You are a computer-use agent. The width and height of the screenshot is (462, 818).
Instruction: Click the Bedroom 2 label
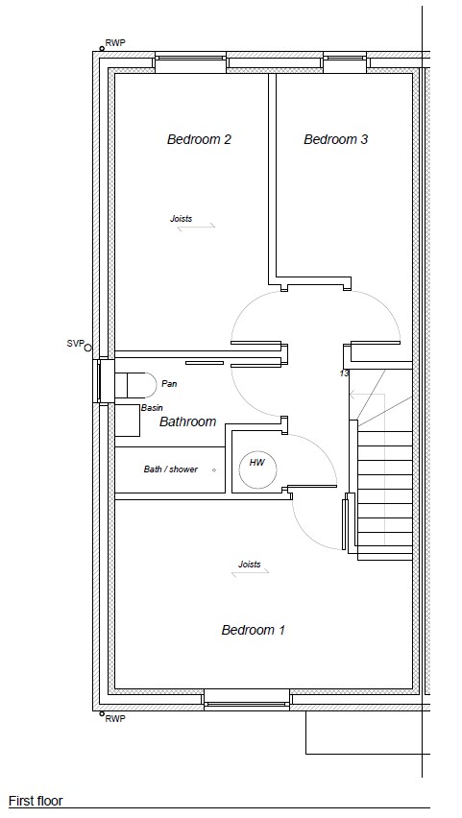tap(199, 139)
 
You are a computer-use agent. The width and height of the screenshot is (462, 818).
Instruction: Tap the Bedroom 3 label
tap(335, 139)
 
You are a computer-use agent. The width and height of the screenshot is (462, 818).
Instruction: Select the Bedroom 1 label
tap(254, 630)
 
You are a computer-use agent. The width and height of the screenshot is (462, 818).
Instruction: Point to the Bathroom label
tap(187, 421)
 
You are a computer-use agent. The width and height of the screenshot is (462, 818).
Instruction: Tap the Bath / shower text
tap(171, 469)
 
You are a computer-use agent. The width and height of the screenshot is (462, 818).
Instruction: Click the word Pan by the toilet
tap(169, 383)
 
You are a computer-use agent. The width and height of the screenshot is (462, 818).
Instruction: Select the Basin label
tap(152, 408)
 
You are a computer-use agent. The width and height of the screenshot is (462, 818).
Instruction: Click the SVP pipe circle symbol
tap(87, 348)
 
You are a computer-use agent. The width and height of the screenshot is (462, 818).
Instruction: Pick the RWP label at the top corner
tap(115, 43)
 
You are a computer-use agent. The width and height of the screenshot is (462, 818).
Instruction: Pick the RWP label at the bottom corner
tap(115, 718)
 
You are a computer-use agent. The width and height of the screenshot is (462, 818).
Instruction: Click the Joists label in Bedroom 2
tap(182, 219)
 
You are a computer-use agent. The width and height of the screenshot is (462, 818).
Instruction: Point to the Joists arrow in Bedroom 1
tap(250, 573)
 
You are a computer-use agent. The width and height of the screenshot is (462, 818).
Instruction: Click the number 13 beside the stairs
tap(344, 373)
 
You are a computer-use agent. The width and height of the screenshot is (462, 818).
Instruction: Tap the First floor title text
tap(36, 801)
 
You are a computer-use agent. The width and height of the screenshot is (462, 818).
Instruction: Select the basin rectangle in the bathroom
tap(128, 421)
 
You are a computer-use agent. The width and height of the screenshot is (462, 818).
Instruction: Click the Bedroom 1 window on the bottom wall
tap(247, 700)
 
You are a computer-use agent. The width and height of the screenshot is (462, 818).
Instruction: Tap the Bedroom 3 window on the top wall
tap(346, 62)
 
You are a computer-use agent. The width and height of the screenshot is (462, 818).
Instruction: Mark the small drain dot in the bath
tap(214, 470)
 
